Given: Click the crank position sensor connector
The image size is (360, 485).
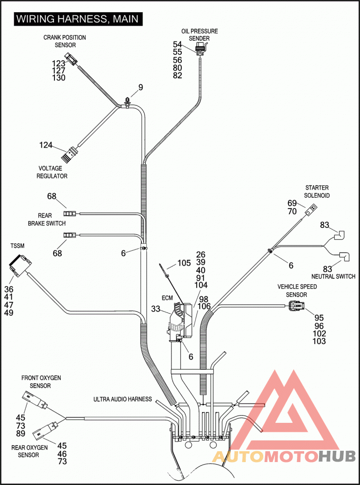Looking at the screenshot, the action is pos(72,59).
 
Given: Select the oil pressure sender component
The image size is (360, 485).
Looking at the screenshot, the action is pos(201,48).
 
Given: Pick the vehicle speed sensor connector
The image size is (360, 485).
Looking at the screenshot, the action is pos(297,306).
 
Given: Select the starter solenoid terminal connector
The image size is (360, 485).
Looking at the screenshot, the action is pos(310,210).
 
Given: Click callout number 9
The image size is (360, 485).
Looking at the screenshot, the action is pos(140,87).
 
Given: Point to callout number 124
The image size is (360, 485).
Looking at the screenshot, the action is pos(46,145).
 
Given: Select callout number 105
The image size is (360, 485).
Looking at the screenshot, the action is pos(184,263).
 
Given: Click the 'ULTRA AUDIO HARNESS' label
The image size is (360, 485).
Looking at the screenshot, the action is pos(123,399).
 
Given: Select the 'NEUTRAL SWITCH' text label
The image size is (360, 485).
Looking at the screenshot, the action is pos(333,276).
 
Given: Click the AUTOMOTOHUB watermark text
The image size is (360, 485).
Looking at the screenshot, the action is pos(284,456).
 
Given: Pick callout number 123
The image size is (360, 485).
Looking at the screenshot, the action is pos(58,63).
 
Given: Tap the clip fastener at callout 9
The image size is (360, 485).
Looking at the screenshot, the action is pos(127,102).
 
